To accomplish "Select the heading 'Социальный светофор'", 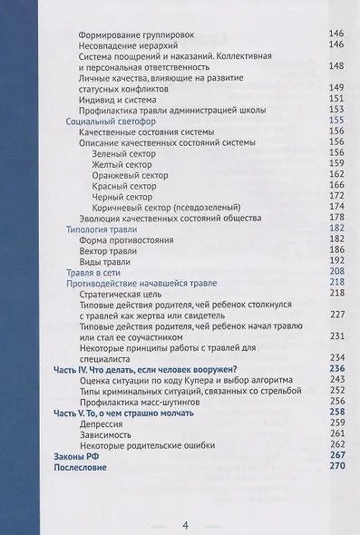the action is [108, 120].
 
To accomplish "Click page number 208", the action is [336, 271].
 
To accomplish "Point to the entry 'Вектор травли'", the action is [114, 249].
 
